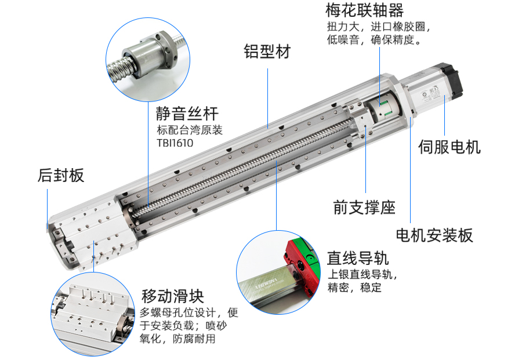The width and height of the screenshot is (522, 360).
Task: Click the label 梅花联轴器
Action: click(x=365, y=10)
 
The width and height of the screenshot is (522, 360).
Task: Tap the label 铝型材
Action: click(x=267, y=52)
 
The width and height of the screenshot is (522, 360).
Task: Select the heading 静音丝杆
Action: click(x=187, y=114)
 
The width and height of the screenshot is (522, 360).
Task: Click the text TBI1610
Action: click(x=175, y=143)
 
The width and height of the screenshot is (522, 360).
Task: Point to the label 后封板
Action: click(x=61, y=175)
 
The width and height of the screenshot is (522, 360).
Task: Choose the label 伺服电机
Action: click(x=449, y=147)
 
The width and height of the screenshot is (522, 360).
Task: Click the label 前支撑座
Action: click(x=364, y=208)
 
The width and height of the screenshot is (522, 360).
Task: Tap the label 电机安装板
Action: click(x=434, y=235)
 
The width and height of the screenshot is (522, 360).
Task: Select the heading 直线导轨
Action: click(x=358, y=258)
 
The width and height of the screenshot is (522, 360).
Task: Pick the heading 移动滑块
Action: click(x=173, y=296)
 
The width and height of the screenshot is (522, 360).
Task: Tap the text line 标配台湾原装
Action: click(x=190, y=130)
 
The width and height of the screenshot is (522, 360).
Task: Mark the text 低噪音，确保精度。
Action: click(x=375, y=40)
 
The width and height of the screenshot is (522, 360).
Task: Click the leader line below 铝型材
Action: click(x=268, y=99)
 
